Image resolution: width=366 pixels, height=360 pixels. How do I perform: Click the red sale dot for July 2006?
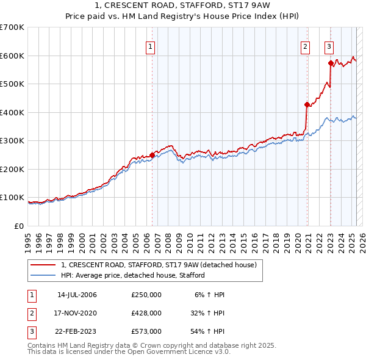click(x=152, y=155)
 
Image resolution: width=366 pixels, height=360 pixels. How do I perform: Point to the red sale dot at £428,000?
click(x=307, y=104)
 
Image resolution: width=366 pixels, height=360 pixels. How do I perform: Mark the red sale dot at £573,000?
click(x=330, y=63)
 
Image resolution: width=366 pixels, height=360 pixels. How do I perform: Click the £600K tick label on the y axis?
click(x=12, y=56)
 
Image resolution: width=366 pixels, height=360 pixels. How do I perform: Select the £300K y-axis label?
click(x=12, y=141)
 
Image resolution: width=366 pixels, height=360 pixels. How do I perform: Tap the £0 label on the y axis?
click(x=19, y=226)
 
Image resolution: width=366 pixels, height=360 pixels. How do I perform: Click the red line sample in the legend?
click(x=43, y=265)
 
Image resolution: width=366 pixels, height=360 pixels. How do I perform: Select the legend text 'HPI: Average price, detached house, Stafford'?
click(x=133, y=275)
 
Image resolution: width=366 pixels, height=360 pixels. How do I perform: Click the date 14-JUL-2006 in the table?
click(x=77, y=295)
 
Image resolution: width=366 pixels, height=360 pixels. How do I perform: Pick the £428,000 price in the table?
click(x=146, y=313)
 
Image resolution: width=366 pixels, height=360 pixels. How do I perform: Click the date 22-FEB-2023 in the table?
click(x=77, y=331)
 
